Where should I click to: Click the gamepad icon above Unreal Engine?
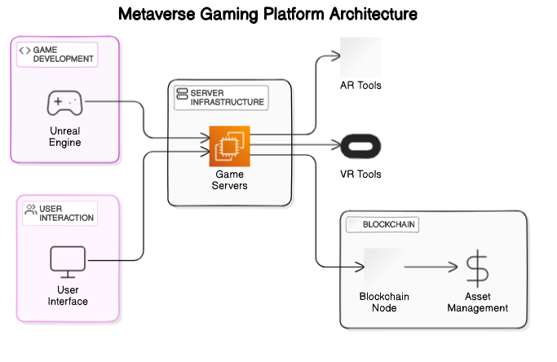coord(64,103)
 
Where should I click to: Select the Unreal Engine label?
coord(64,136)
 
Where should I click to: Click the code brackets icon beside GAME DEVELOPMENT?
coord(25,51)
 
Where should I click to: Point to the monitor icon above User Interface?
coord(67,261)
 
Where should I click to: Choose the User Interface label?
coord(67,295)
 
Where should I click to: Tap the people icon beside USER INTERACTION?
coord(30,210)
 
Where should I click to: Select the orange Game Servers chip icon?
coord(229,146)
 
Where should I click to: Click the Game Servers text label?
coord(229,179)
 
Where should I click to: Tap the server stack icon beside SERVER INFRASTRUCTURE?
coord(182,93)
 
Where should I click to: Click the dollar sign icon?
coord(477,267)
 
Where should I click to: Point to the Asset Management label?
coord(477,302)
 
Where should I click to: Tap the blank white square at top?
coord(360,58)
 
